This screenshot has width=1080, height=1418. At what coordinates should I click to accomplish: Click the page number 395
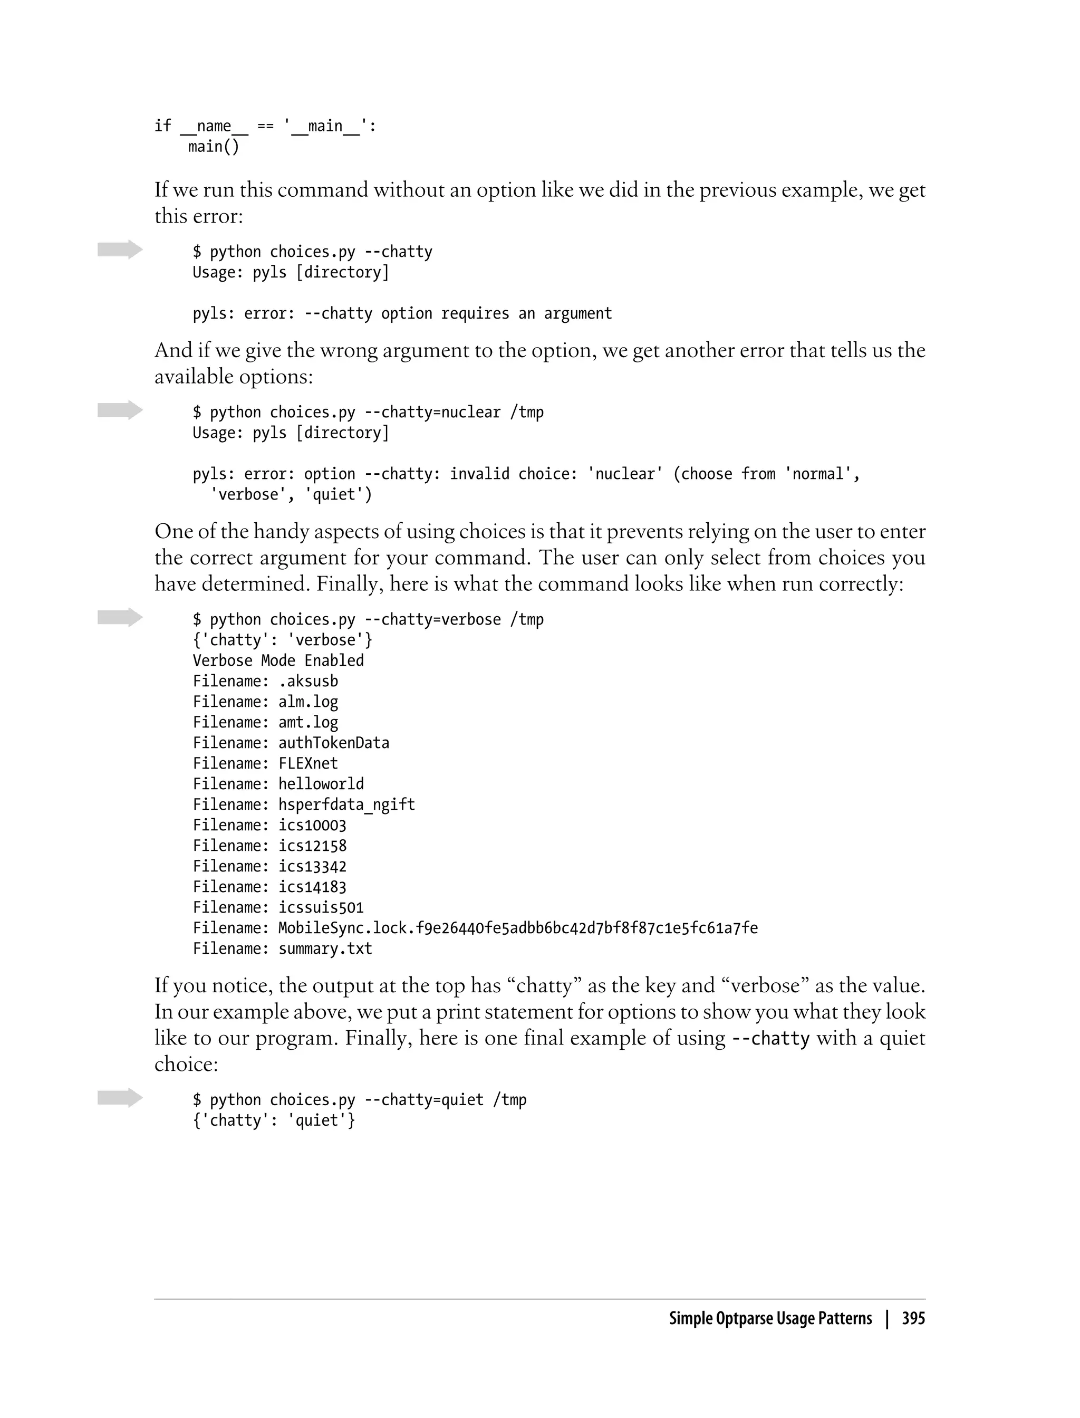pyautogui.click(x=913, y=1319)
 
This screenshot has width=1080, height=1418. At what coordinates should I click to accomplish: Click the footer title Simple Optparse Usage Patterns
pyautogui.click(x=770, y=1319)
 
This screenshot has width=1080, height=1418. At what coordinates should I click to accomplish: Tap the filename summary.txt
pyautogui.click(x=325, y=948)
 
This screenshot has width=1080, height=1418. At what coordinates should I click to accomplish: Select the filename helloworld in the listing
pyautogui.click(x=321, y=784)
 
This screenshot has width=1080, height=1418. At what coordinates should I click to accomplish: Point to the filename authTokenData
pyautogui.click(x=334, y=743)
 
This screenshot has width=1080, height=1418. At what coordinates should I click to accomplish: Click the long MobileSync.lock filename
pyautogui.click(x=517, y=928)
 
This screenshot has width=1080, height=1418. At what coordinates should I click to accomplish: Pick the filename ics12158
pyautogui.click(x=312, y=846)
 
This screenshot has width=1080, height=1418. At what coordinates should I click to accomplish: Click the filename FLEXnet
pyautogui.click(x=308, y=763)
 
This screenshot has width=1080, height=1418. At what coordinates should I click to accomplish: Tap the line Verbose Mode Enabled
pyautogui.click(x=278, y=660)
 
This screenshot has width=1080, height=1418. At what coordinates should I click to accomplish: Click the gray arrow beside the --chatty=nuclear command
pyautogui.click(x=120, y=410)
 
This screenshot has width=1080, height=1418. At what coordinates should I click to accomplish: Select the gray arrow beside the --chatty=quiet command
pyautogui.click(x=120, y=1098)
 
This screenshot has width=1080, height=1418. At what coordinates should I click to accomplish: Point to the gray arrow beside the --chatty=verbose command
pyautogui.click(x=120, y=617)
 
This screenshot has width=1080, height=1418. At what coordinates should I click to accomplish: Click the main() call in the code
pyautogui.click(x=214, y=147)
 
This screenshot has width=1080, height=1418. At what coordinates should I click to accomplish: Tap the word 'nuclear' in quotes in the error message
pyautogui.click(x=625, y=474)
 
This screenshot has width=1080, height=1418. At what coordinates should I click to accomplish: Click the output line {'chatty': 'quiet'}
pyautogui.click(x=274, y=1120)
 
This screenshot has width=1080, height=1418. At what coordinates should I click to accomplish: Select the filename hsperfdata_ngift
pyautogui.click(x=346, y=804)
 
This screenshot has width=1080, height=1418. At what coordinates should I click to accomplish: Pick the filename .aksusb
pyautogui.click(x=308, y=681)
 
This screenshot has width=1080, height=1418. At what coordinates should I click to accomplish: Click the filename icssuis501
pyautogui.click(x=321, y=907)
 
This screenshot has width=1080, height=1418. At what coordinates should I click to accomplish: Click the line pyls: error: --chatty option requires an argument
pyautogui.click(x=402, y=313)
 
